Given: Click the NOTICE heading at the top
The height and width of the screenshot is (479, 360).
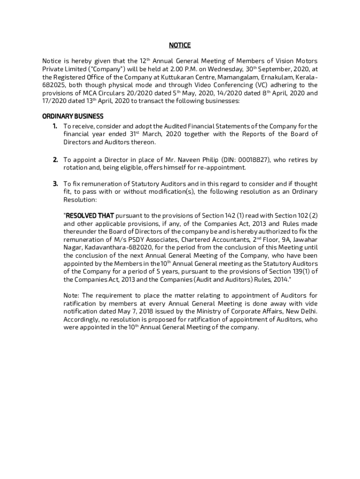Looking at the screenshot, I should pos(180,45).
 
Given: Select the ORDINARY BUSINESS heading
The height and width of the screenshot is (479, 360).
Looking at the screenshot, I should pos(73,116).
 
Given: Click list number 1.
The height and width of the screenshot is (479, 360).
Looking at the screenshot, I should pos(55,126).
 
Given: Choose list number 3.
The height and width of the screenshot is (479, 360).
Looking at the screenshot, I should pos(55,184).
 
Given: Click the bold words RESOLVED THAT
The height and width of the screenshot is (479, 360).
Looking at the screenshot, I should pos(90,216).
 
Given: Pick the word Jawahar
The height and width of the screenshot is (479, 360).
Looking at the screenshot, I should pos(305,239).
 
